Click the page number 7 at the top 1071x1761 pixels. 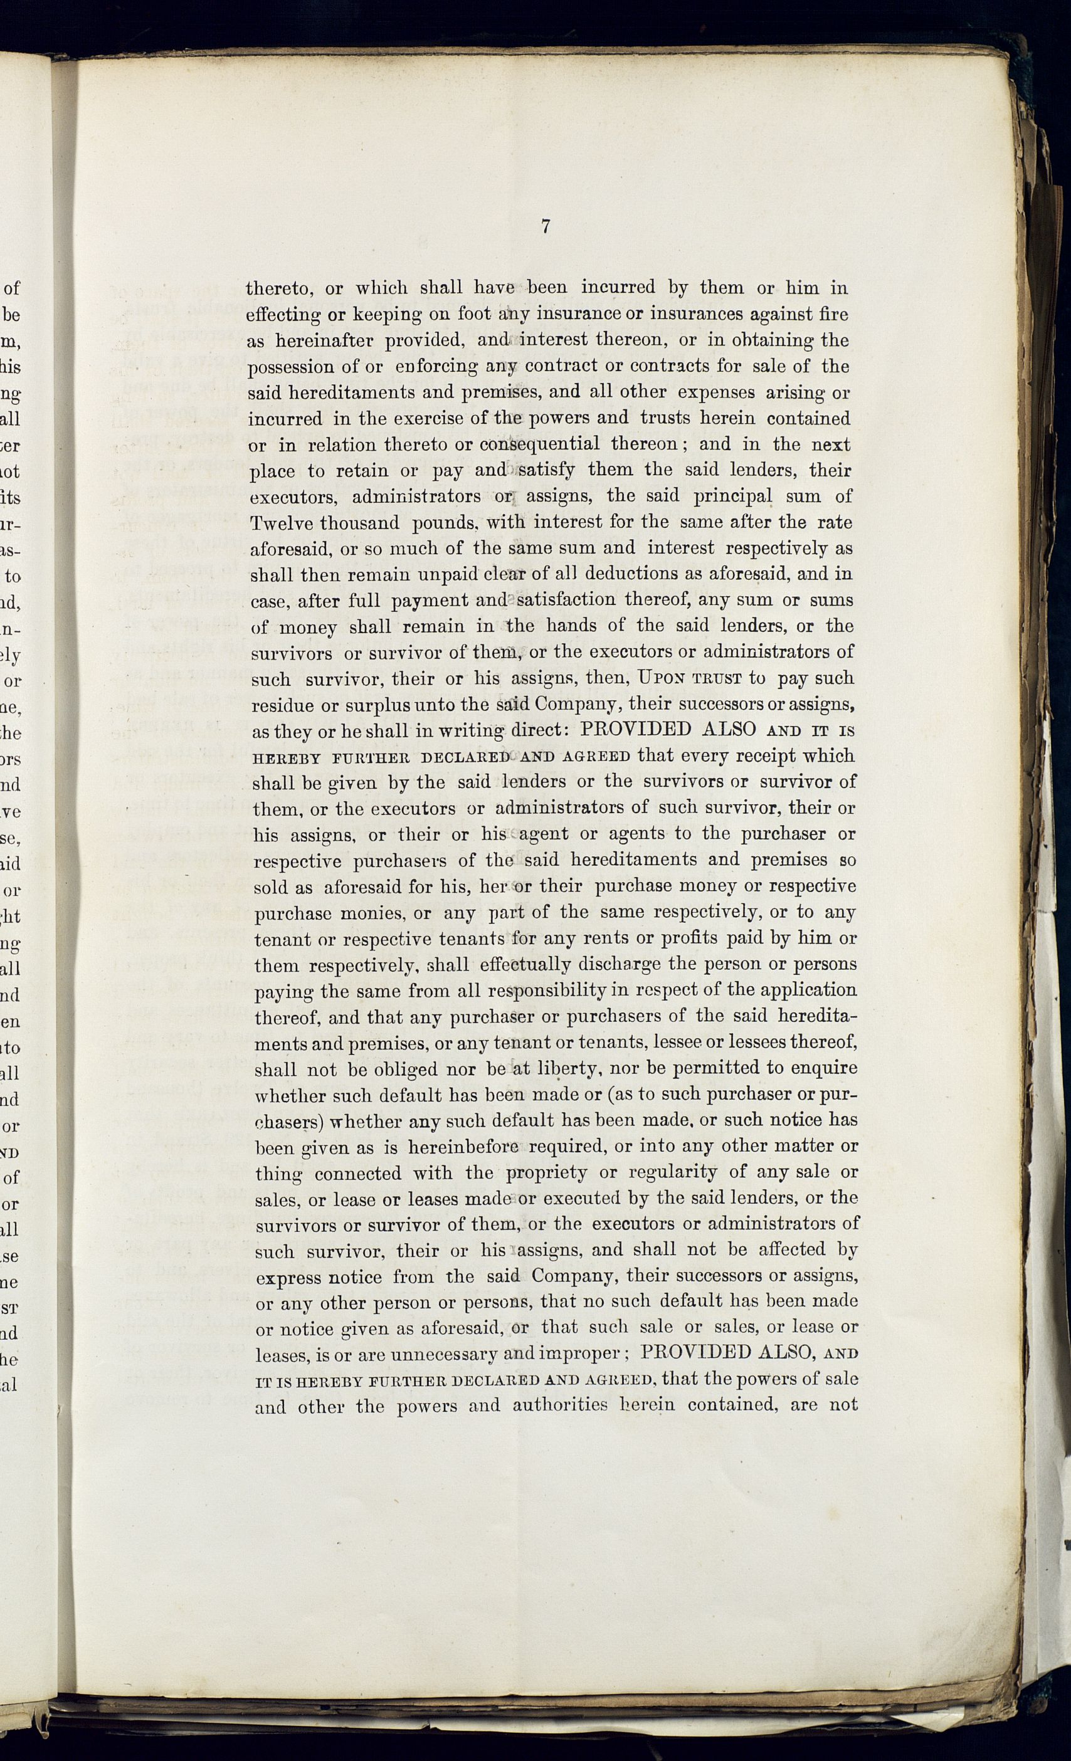coord(545,228)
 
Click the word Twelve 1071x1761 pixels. coord(280,523)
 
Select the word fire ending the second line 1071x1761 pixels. coord(831,313)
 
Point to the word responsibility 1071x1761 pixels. coord(547,991)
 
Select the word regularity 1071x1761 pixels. coord(673,1173)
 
